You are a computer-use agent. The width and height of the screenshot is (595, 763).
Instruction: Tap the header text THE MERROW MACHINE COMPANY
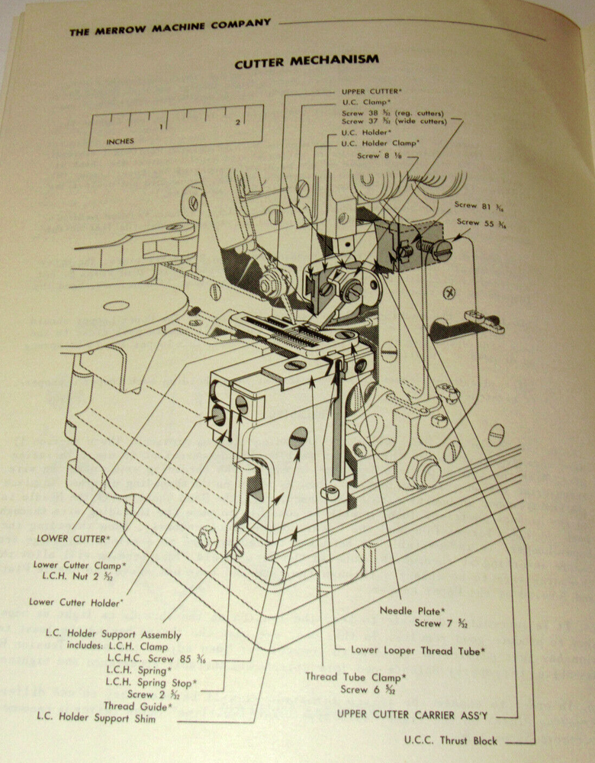169,27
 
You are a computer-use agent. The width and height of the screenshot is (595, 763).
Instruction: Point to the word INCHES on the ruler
120,141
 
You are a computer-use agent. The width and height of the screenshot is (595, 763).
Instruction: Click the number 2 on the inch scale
238,121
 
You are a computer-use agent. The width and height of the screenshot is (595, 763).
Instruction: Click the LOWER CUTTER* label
73,538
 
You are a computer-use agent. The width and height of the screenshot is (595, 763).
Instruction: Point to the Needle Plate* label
410,610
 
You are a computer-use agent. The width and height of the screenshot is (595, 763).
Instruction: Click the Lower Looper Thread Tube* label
418,650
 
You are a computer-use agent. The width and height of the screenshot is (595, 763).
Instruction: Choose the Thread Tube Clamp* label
355,676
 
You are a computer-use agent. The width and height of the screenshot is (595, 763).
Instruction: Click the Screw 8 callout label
381,155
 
